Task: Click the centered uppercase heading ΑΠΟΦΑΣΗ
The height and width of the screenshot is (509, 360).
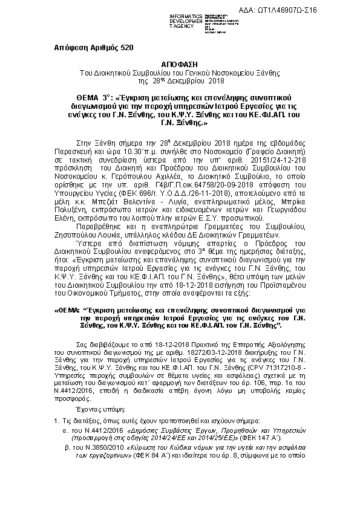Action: tap(180, 63)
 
